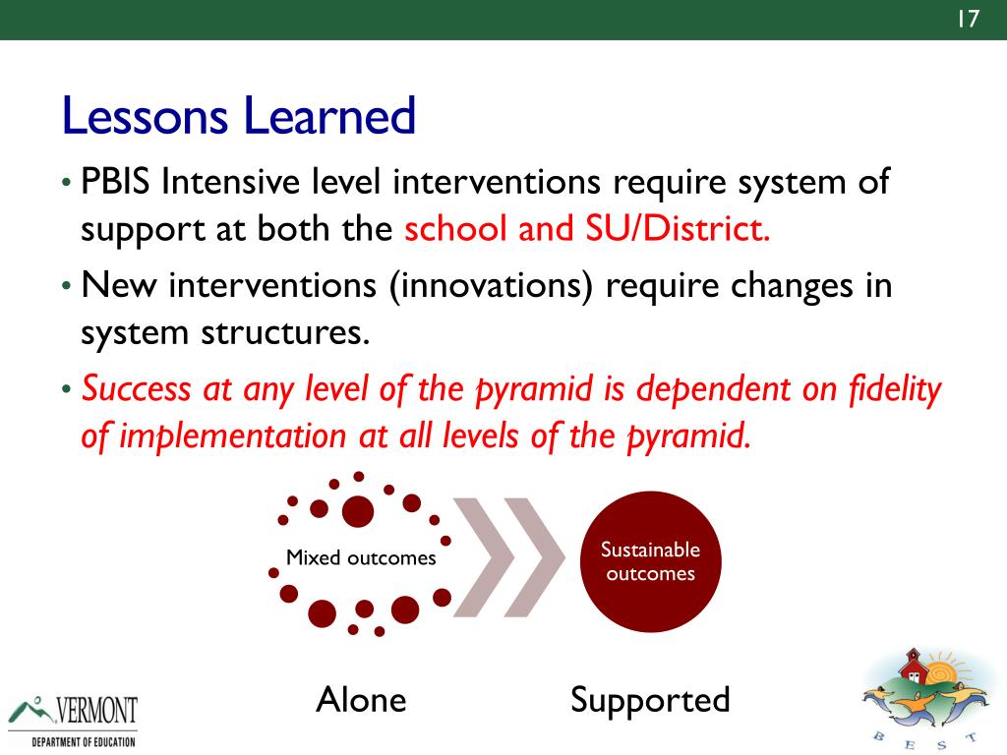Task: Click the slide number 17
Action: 968,19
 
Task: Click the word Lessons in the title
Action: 145,116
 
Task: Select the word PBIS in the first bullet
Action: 115,182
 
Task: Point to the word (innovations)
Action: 492,286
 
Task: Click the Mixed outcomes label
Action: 361,557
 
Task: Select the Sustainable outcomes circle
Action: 651,561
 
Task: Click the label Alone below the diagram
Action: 362,699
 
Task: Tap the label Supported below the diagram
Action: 650,701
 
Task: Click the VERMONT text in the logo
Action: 96,710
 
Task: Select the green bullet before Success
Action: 66,389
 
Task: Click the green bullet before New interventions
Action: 66,285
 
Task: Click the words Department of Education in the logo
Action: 84,742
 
